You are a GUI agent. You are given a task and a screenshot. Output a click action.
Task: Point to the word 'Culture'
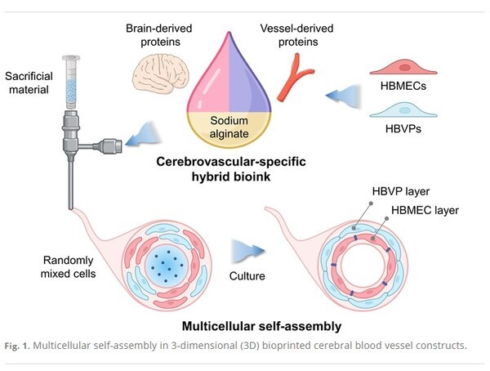(246, 276)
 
